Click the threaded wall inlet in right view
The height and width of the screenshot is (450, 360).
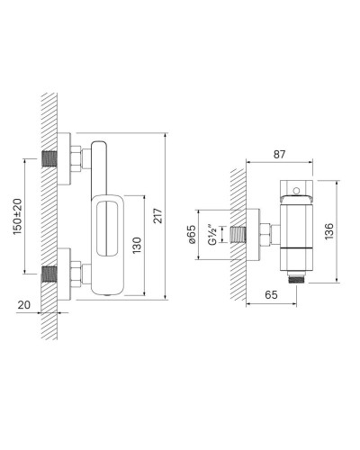pyautogui.click(x=240, y=237)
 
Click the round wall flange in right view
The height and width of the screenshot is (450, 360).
pyautogui.click(x=253, y=237)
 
